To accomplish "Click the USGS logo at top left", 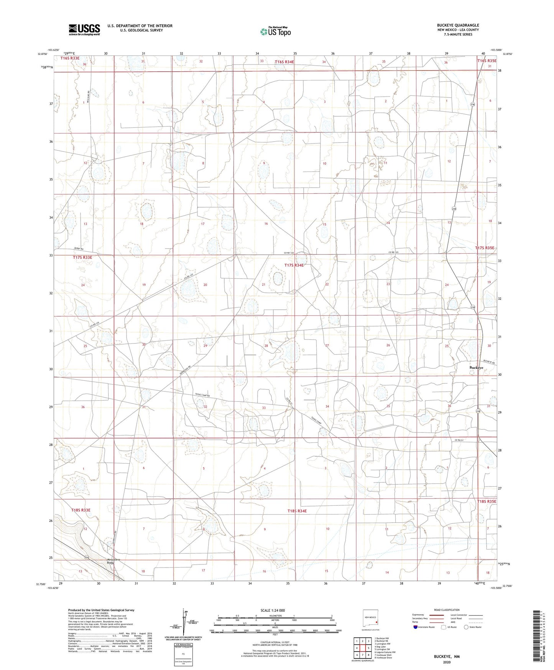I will coord(84,29).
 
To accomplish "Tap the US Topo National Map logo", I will coord(275,31).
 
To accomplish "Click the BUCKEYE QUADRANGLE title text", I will coord(458,25).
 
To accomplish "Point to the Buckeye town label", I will coord(476,368).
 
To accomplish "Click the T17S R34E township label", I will coord(294,265).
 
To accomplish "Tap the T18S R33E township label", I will coord(81,510).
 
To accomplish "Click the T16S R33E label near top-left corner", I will coord(70,58).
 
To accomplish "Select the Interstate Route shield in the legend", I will coord(416,627).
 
